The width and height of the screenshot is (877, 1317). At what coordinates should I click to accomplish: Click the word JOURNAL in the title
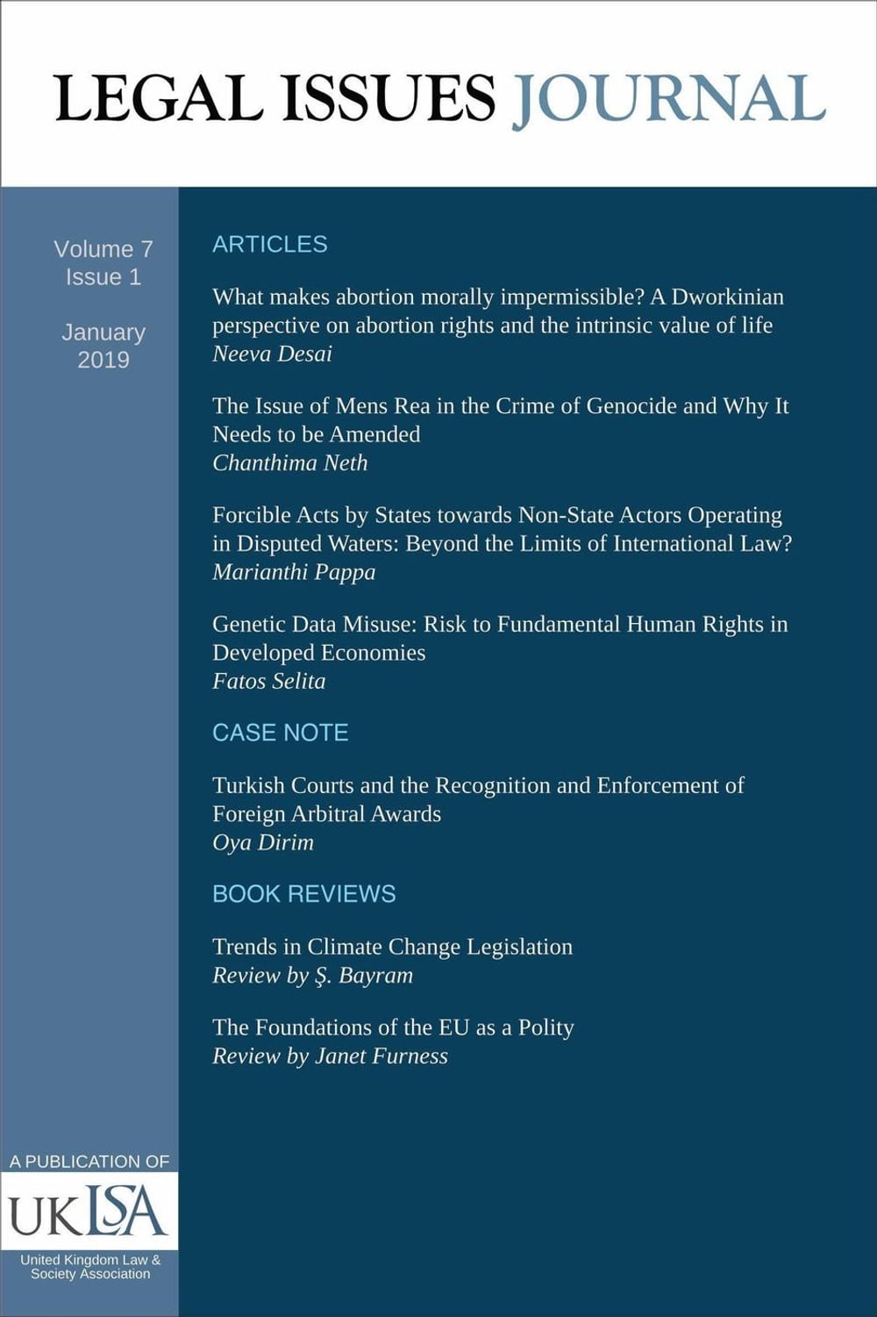(668, 99)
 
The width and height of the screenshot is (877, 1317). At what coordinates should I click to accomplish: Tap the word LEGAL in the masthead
(158, 99)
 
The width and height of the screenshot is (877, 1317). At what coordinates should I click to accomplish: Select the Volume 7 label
(103, 249)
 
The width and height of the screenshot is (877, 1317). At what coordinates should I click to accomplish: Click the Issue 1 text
(103, 277)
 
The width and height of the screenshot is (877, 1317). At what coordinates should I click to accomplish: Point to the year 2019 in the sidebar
(103, 360)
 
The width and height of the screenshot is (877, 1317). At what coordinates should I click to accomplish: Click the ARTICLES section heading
(269, 244)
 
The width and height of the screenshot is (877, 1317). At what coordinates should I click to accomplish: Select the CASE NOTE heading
(280, 733)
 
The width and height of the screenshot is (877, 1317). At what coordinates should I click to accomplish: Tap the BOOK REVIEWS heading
(303, 894)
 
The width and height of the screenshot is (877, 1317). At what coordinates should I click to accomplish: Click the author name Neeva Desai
(272, 354)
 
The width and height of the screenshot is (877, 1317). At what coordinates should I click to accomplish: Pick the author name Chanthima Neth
(289, 462)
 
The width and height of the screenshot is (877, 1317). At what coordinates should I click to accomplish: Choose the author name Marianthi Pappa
(294, 572)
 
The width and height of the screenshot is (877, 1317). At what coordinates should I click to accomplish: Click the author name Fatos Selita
(268, 681)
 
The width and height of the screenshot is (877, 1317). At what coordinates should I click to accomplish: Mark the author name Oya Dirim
(262, 842)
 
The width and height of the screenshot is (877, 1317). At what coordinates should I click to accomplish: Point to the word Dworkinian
(728, 297)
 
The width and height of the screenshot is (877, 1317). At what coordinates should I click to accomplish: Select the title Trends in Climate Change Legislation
(392, 947)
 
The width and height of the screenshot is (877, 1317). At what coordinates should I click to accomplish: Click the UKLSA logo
(88, 1212)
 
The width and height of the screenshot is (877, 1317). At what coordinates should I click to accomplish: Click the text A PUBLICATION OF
(89, 1162)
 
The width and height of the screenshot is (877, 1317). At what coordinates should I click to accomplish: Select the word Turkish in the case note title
(248, 785)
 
